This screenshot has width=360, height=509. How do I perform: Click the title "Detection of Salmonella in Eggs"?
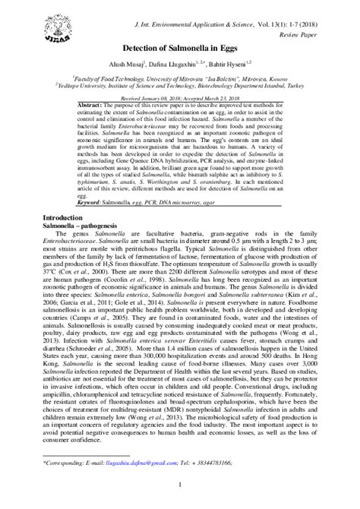point(179,49)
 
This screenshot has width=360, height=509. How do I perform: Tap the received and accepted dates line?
point(179,97)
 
